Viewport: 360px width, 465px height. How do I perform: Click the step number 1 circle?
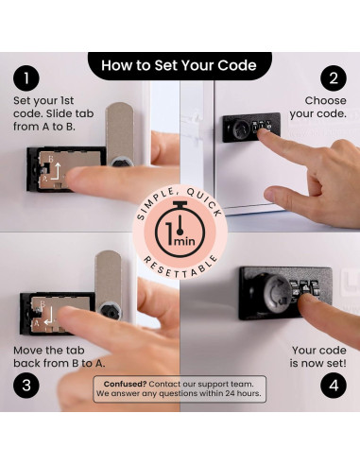pos(26,77)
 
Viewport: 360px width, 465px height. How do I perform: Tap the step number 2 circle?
pos(334,77)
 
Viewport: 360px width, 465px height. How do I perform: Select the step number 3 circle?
pos(26,385)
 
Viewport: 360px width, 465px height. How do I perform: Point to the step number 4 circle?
pos(334,385)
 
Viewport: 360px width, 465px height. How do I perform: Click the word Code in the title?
pos(237,65)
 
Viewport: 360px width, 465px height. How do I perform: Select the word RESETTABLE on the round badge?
pos(180,267)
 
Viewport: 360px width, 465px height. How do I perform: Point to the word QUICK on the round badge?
pos(204,201)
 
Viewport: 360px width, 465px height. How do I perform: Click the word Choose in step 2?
pos(325,100)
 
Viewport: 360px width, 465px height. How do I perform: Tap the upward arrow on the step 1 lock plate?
pos(56,171)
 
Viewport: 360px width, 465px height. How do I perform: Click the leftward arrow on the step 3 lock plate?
pos(49,317)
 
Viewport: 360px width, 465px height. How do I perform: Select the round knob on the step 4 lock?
pos(273,294)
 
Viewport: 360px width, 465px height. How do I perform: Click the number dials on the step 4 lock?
pos(305,289)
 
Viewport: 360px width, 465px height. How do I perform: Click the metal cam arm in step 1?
pos(120,134)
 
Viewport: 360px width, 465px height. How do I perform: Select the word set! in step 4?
pos(336,363)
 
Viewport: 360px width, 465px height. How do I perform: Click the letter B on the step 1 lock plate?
pos(50,159)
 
